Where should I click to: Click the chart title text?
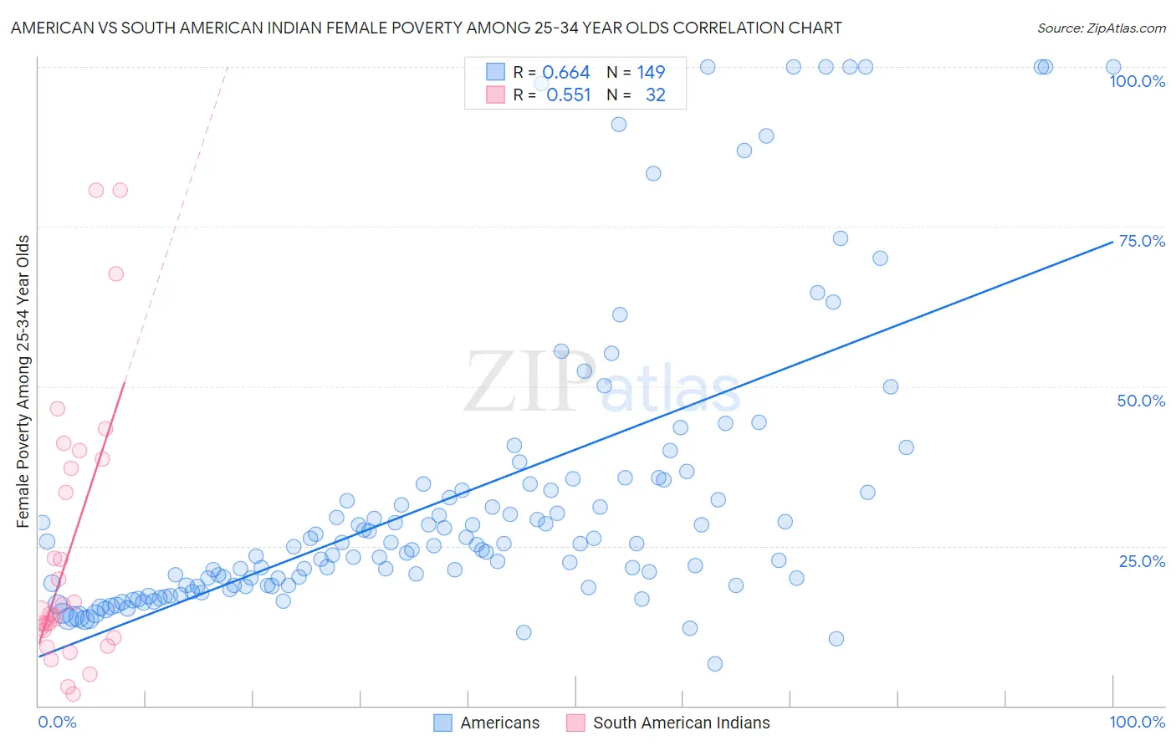click(426, 28)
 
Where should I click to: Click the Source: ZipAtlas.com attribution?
click(1101, 28)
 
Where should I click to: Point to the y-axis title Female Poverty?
click(23, 381)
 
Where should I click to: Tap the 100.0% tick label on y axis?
click(1137, 81)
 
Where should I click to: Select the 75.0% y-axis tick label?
click(1142, 241)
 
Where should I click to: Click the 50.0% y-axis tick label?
click(1141, 401)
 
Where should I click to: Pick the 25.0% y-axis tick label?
click(1142, 560)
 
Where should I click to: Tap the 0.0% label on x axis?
click(57, 722)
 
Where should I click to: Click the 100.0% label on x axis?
click(1137, 722)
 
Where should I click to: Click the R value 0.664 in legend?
click(566, 72)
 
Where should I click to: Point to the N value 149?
click(651, 72)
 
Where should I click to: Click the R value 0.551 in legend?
click(568, 95)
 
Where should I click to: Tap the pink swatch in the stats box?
click(495, 95)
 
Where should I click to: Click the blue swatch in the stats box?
click(495, 72)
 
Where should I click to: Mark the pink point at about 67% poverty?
click(115, 273)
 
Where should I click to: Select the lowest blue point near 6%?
click(714, 663)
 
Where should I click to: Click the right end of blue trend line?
click(1112, 243)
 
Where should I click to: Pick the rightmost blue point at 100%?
click(1112, 67)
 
